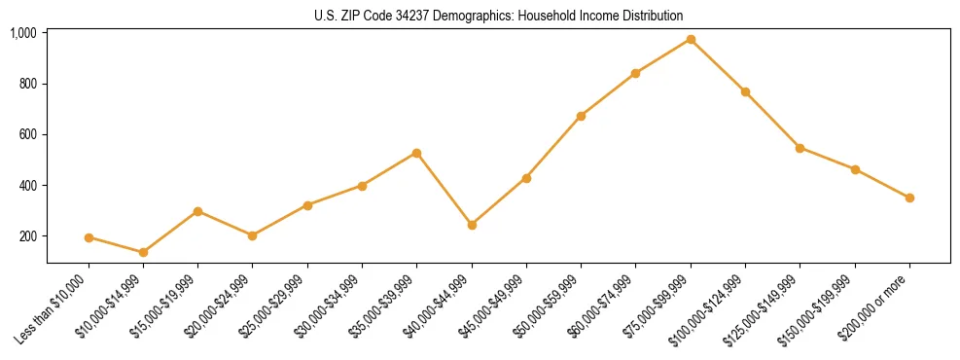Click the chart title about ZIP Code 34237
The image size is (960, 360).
[498, 16]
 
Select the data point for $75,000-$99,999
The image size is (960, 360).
[691, 39]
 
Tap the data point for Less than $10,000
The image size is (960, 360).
[89, 237]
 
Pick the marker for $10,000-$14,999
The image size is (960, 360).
[143, 252]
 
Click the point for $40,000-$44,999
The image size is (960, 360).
[472, 225]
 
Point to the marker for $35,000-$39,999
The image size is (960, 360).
[417, 153]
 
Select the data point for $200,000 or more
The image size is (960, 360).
[909, 198]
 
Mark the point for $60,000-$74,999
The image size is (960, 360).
[636, 73]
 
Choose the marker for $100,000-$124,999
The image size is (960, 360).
[745, 91]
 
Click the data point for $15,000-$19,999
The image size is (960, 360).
[198, 211]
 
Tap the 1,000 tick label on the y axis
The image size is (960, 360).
[23, 33]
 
